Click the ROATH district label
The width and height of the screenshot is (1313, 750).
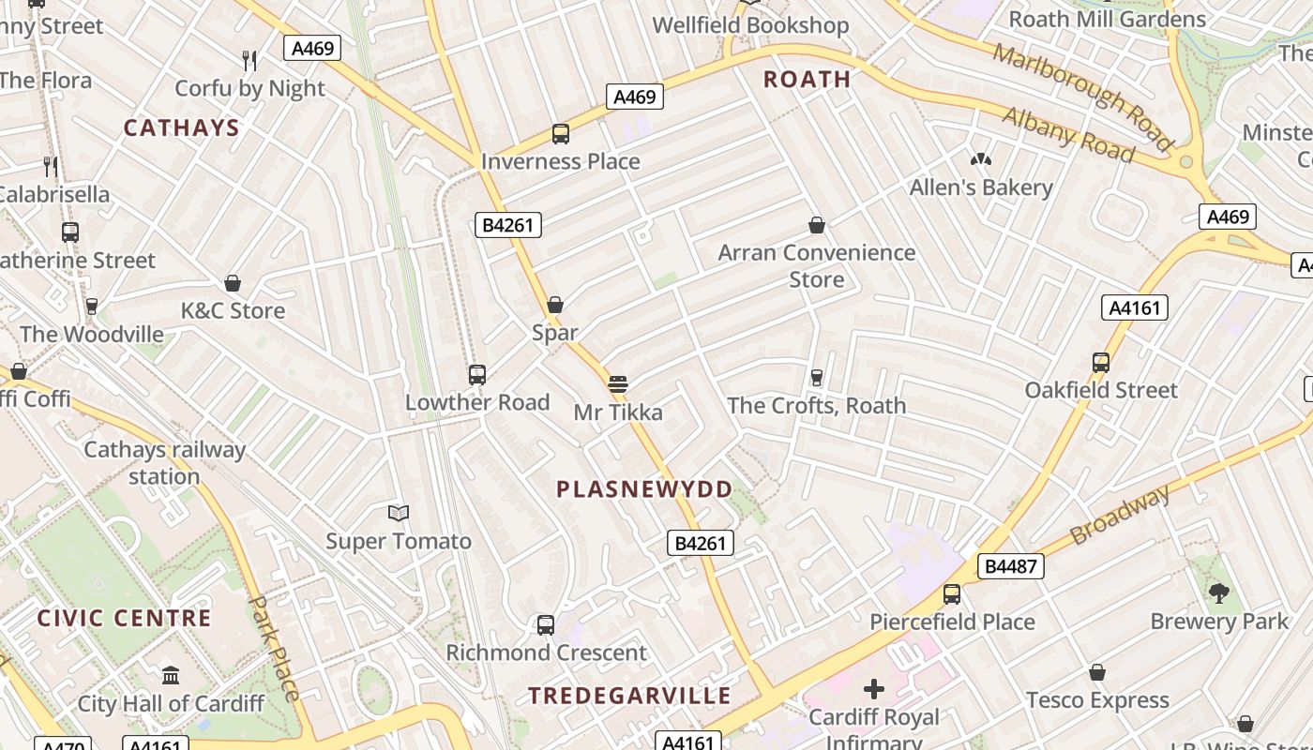(807, 80)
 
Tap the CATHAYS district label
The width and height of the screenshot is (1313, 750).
(182, 128)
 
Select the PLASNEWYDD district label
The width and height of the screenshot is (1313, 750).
(644, 489)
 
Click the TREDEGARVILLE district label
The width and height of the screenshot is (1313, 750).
(629, 696)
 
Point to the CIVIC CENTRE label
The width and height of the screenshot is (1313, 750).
(125, 619)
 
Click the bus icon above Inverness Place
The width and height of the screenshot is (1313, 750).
(560, 134)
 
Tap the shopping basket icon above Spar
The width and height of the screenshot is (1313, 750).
(555, 305)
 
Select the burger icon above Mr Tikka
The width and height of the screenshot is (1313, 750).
(617, 384)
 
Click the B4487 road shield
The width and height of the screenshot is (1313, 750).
(1010, 566)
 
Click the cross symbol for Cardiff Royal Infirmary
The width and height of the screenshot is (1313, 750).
(874, 690)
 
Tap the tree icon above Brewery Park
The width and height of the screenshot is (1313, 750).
(1219, 592)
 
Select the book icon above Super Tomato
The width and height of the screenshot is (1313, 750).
(399, 513)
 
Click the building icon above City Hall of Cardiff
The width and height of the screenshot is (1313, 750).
(171, 675)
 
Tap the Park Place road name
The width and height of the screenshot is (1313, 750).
(275, 647)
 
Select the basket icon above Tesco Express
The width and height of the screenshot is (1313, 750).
(1097, 672)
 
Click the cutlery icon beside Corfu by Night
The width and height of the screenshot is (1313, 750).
(249, 61)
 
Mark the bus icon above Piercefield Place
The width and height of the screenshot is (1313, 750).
(952, 593)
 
